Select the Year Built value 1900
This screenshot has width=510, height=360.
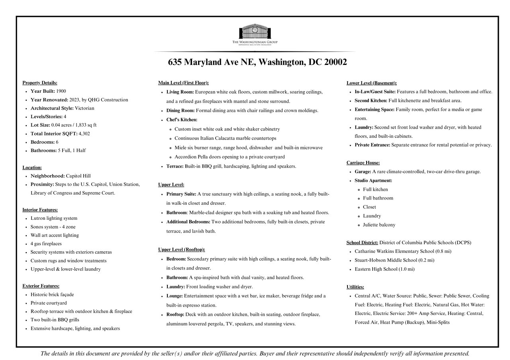[61, 91]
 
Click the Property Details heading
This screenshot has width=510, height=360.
[40, 83]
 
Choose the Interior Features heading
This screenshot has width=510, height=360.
[40, 210]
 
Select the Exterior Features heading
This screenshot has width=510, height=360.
[41, 286]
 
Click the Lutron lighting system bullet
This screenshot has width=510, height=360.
[54, 218]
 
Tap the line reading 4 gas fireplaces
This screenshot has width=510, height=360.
[46, 244]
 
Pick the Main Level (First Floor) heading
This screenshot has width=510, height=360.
[183, 83]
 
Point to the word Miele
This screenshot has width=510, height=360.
[180, 148]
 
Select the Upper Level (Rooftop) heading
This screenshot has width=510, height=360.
[181, 250]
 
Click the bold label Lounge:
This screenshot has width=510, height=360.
[175, 296]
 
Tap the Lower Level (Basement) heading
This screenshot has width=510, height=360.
[371, 83]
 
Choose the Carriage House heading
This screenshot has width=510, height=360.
[363, 163]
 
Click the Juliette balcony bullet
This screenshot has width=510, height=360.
[379, 225]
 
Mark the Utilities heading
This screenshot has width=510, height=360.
[355, 287]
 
